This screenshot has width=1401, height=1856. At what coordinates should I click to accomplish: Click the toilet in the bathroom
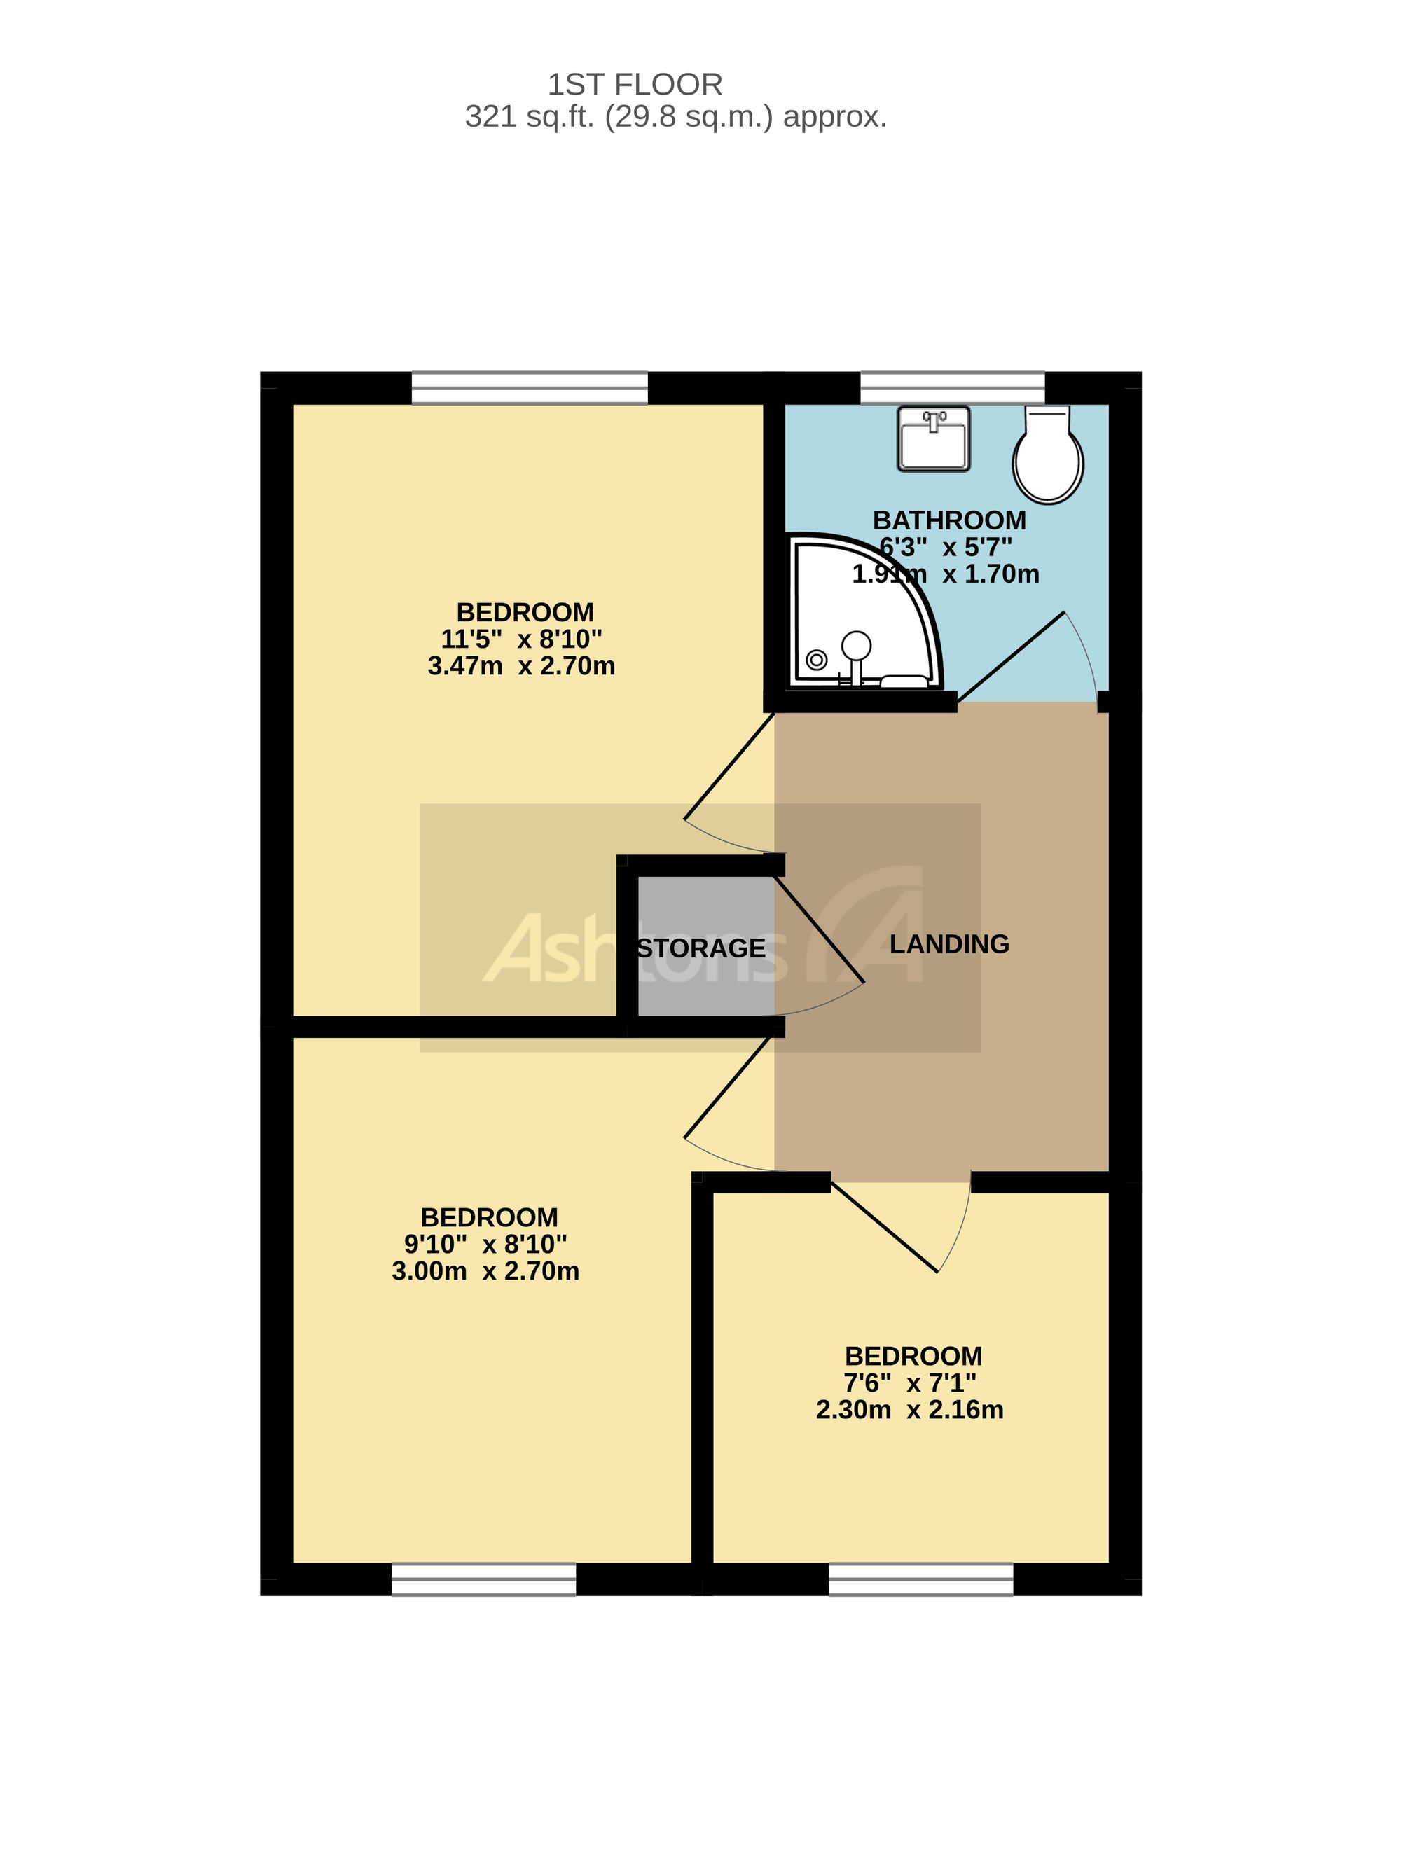1048,454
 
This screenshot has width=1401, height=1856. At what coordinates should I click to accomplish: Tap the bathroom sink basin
934,438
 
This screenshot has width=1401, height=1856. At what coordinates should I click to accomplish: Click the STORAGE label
702,948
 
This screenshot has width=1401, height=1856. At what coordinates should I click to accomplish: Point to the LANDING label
949,944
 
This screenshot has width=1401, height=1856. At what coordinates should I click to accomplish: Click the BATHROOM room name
949,520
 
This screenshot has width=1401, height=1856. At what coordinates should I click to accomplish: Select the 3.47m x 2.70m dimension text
521,666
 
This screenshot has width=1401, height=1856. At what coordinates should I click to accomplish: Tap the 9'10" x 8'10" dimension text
486,1245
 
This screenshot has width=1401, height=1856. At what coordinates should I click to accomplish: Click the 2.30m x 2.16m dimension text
910,1410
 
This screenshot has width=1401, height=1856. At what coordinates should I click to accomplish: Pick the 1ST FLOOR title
635,85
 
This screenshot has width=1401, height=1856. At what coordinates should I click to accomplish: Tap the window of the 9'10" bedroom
484,1579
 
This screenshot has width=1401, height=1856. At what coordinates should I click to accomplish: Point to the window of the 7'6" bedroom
922,1579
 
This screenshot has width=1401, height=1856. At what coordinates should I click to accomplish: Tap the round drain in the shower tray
816,660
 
